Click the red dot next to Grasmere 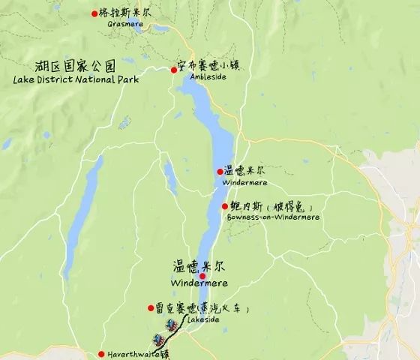coord(94,13)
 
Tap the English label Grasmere coord(125,24)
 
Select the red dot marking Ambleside coord(173,70)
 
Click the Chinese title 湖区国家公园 coord(71,64)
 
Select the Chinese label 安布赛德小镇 coord(214,65)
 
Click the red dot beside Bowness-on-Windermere coord(225,205)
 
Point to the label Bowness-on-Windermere coord(272,217)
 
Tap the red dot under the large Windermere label coord(202,276)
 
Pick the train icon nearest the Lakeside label coord(171,325)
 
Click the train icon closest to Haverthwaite coord(159,339)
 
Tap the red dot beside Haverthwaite coord(101,354)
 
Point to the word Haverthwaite coord(134,354)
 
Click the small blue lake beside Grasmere coord(161,28)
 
